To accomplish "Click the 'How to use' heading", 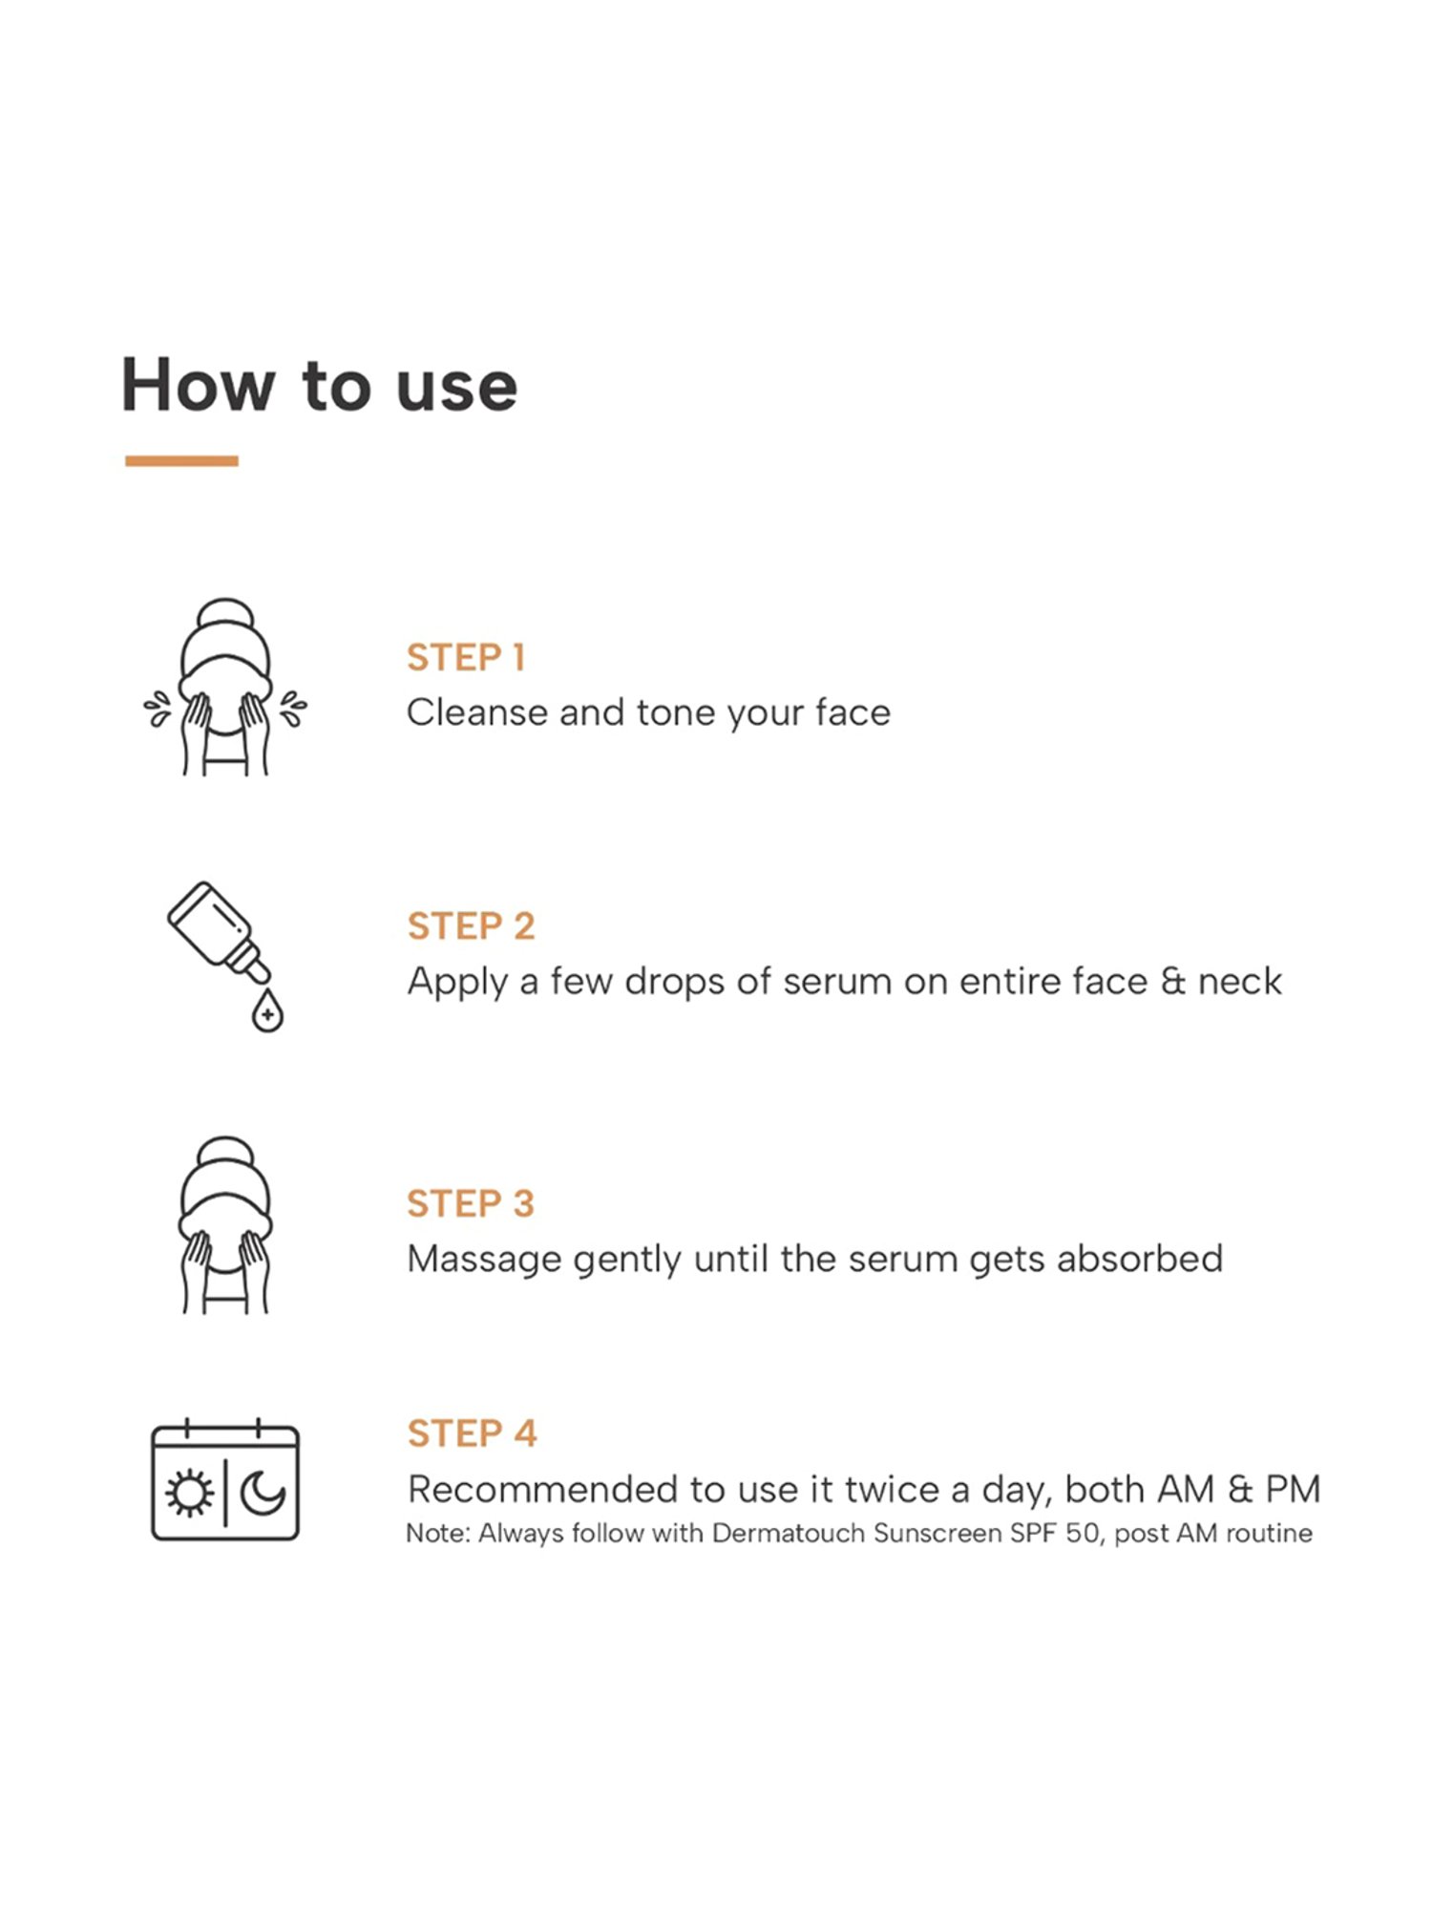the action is tap(319, 385).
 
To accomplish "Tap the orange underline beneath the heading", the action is tap(181, 461).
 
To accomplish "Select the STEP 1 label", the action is tap(466, 657).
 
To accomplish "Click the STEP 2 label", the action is tap(471, 926).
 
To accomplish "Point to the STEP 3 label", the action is tap(471, 1203).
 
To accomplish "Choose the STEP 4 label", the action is tap(472, 1433).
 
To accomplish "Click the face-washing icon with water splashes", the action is tap(225, 687).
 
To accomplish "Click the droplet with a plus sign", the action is tap(267, 1011).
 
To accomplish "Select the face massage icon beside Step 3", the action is tap(225, 1225).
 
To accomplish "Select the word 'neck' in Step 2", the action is tap(1240, 981).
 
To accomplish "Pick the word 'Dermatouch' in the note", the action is tap(789, 1534).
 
